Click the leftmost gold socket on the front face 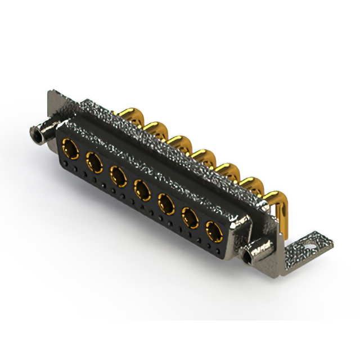pos(70,150)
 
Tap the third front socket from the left pos(118,175)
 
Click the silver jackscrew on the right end pos(252,254)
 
